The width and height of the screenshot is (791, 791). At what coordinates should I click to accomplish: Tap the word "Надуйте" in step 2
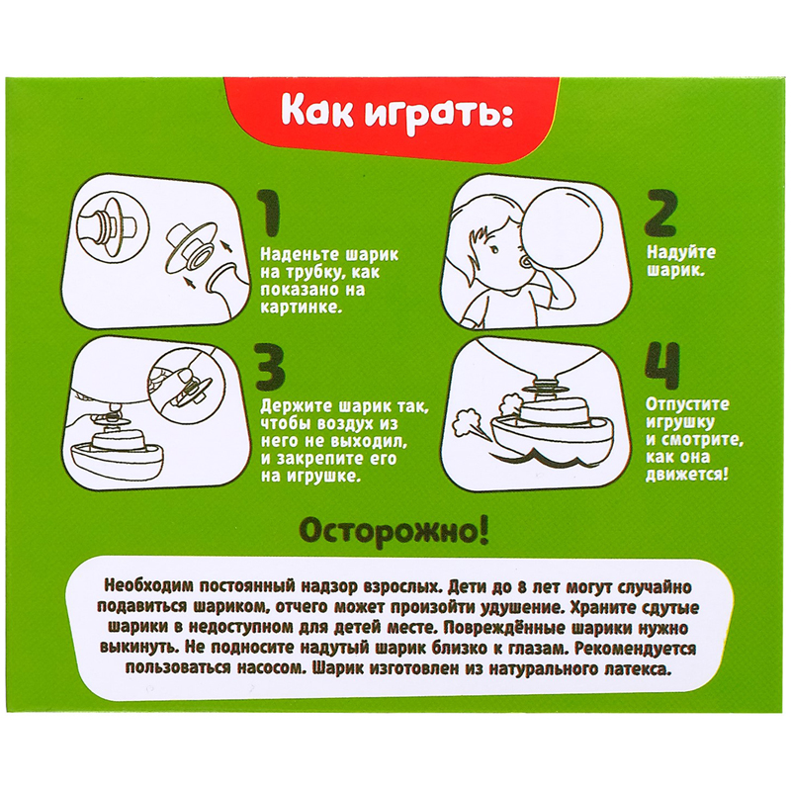pos(681,252)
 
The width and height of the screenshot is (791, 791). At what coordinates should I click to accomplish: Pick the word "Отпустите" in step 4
pos(687,404)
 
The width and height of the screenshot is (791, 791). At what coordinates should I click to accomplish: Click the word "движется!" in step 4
pos(687,476)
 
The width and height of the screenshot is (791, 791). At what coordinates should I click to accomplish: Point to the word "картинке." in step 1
pos(302,308)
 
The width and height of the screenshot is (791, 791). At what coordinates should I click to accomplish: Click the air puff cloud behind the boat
pos(467,423)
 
